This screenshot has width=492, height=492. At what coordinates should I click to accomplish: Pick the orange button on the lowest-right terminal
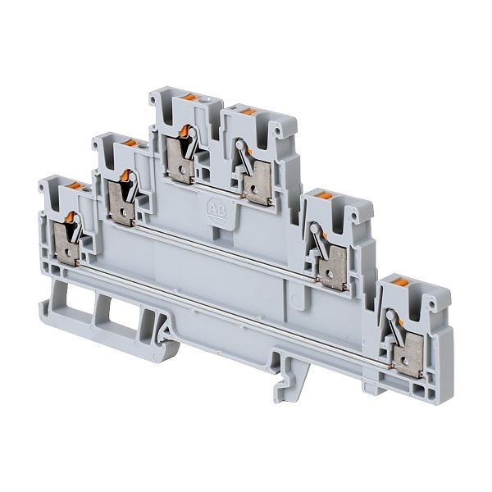pyautogui.click(x=402, y=282)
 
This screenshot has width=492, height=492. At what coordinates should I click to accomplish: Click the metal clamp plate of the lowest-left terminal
pyautogui.click(x=66, y=243)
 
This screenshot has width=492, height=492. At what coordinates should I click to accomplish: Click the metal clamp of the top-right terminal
pyautogui.click(x=257, y=184)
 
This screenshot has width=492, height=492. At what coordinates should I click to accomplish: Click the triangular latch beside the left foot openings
pyautogui.click(x=165, y=330)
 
